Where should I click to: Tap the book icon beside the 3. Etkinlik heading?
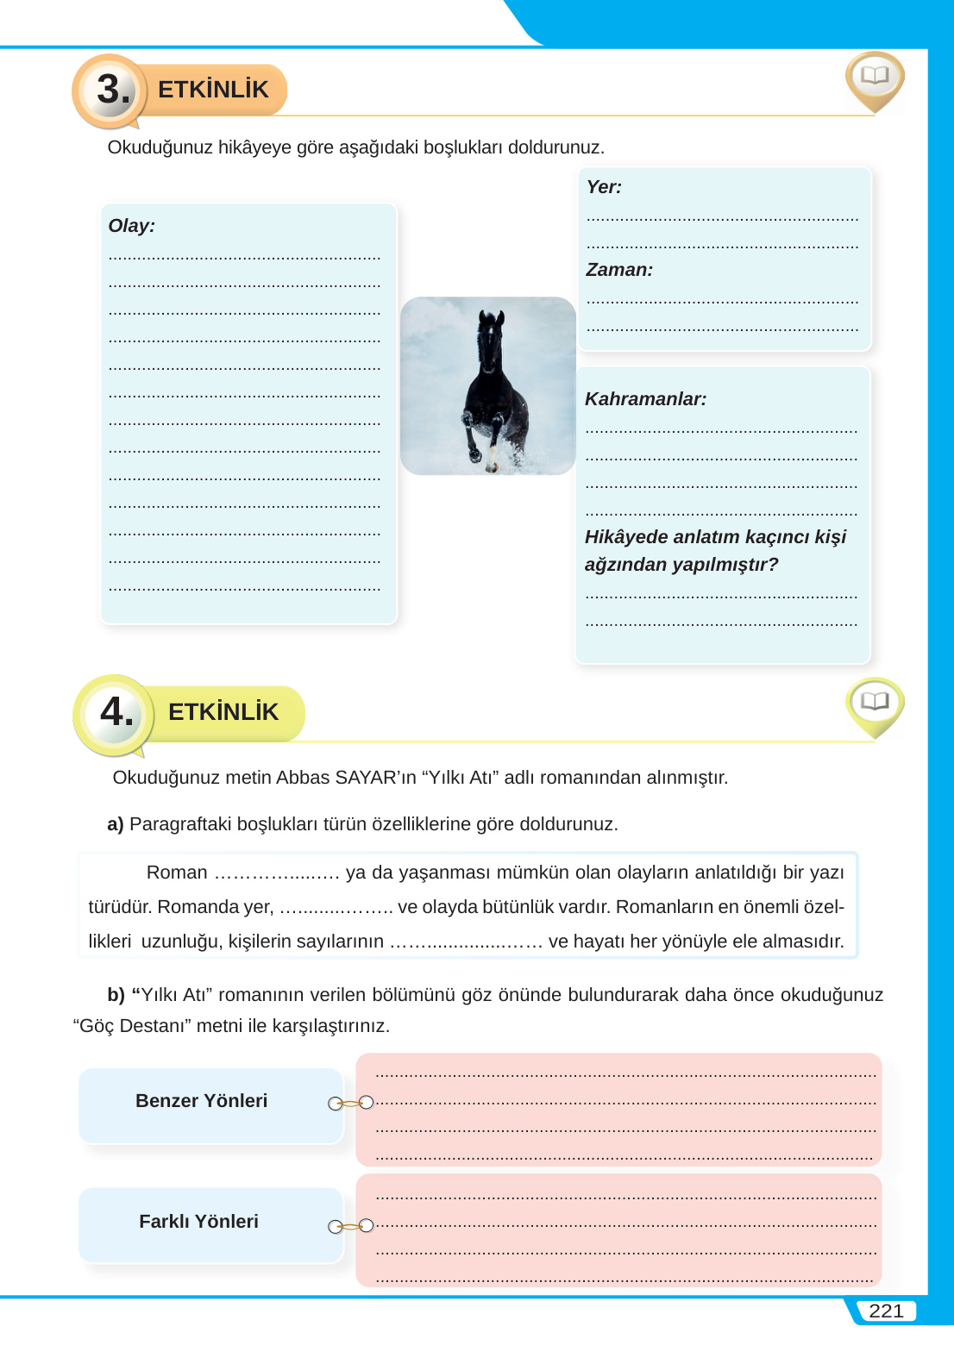[x=875, y=77]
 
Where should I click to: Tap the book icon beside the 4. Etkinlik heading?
[x=875, y=702]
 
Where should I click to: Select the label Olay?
[x=132, y=226]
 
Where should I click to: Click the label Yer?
[x=604, y=187]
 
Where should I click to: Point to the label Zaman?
[x=619, y=270]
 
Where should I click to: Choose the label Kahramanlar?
[x=645, y=399]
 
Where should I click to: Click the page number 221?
[x=886, y=1311]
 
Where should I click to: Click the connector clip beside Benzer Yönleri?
[x=351, y=1103]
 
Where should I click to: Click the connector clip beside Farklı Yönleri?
[x=351, y=1225]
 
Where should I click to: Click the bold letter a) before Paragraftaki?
[x=116, y=824]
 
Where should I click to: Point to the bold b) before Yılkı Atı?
[x=116, y=995]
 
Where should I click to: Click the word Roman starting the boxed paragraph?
[x=177, y=873]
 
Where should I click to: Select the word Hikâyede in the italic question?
[x=625, y=537]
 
